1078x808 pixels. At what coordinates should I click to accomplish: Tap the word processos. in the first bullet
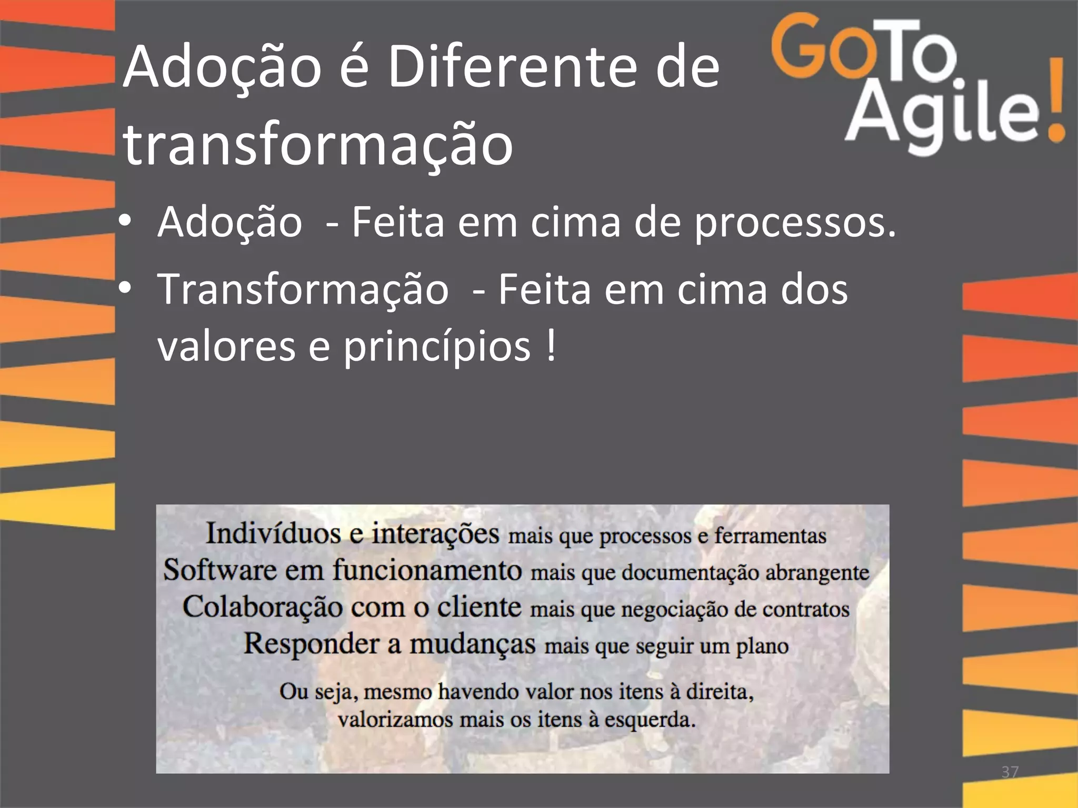click(x=795, y=224)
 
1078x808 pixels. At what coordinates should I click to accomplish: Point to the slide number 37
click(x=1010, y=772)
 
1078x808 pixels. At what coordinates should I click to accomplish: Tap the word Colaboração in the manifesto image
click(x=263, y=607)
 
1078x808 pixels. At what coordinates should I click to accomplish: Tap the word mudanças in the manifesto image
click(x=472, y=645)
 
